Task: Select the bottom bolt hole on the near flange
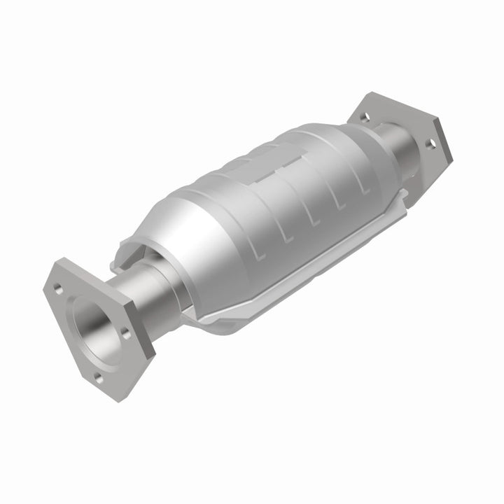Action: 99,378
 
